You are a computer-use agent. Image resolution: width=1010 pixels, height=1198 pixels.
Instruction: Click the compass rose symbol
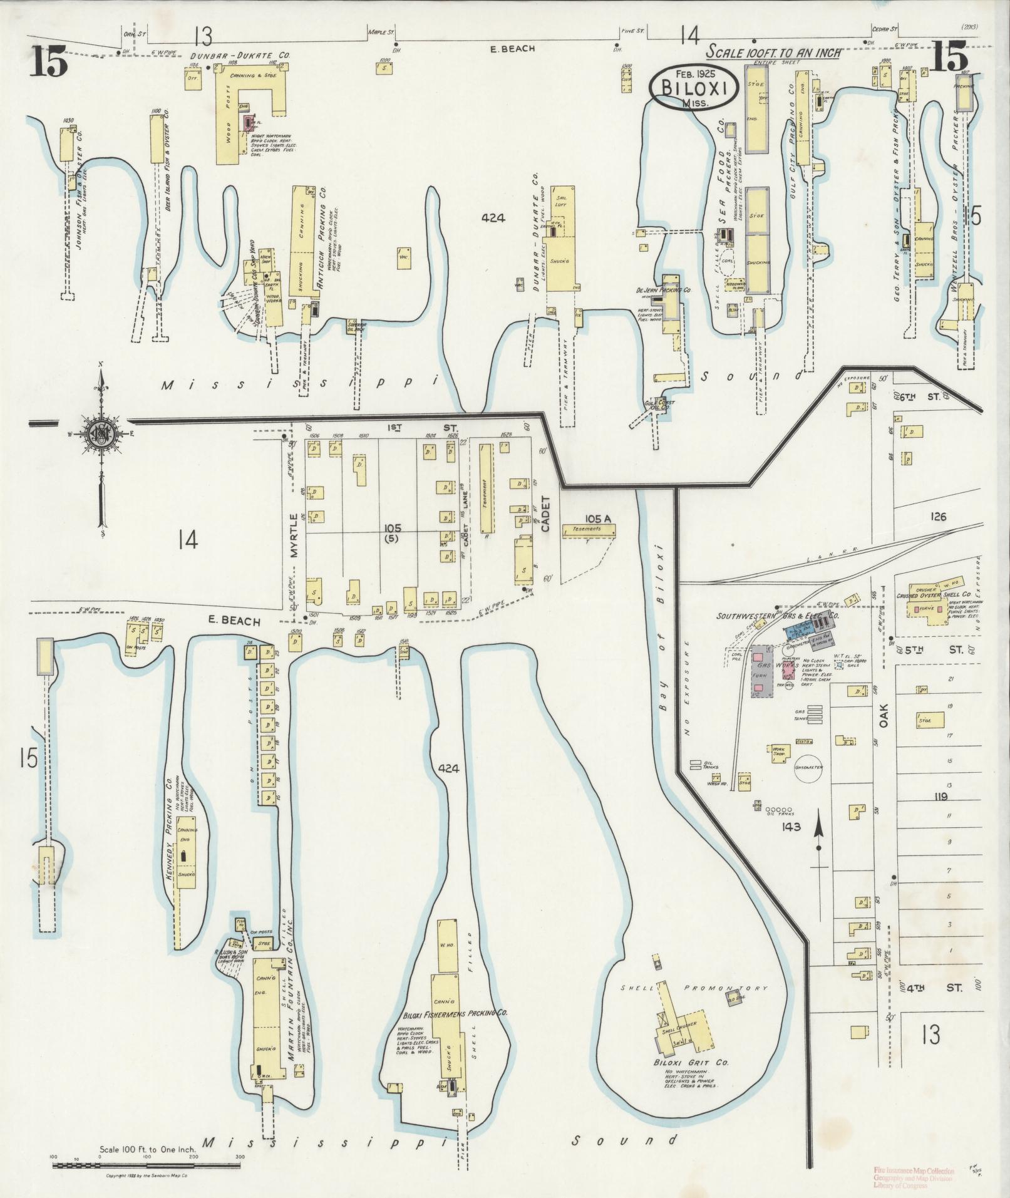click(x=100, y=433)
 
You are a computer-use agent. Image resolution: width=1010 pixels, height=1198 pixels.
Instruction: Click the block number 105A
click(x=598, y=519)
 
